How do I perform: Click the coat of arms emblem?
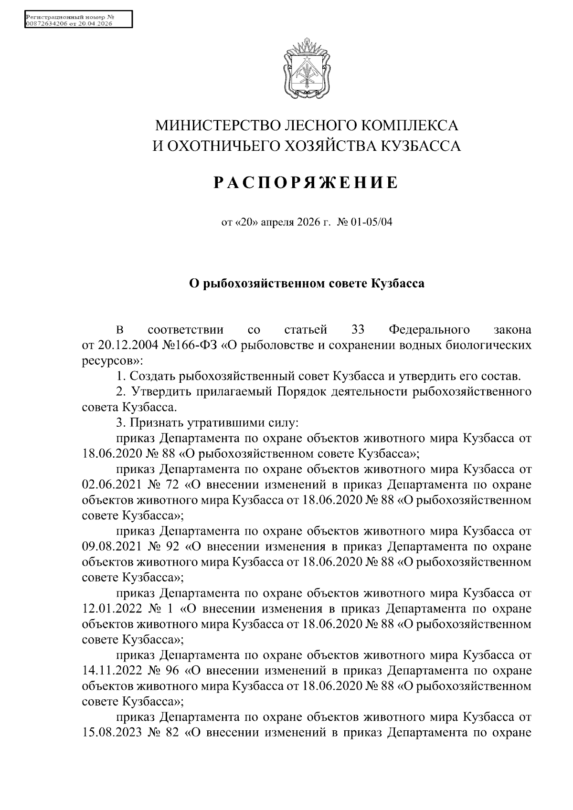(307, 69)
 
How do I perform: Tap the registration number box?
(77, 20)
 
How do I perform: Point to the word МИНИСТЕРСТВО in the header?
(218, 126)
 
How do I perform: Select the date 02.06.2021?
(112, 485)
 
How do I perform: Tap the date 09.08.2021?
(112, 547)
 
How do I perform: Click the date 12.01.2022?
(112, 609)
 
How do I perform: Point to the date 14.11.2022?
(112, 671)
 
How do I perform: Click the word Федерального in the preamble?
(429, 330)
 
